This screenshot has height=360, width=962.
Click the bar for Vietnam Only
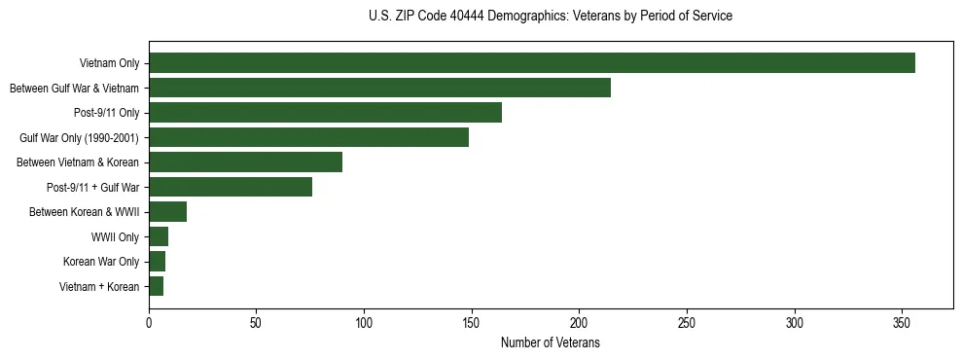(531, 63)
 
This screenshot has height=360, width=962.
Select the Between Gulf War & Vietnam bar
(379, 88)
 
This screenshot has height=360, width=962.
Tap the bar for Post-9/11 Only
(325, 113)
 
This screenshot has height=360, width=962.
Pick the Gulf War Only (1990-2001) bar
(308, 137)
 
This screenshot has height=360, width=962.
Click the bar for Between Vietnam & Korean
(245, 162)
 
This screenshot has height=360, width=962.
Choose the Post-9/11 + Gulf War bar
(231, 187)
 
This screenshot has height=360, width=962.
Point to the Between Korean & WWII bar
(167, 212)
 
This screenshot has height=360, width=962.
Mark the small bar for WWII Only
(159, 236)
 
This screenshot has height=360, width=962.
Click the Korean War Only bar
(157, 262)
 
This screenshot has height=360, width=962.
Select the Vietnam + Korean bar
(156, 286)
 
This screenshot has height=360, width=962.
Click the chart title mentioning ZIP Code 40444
(551, 17)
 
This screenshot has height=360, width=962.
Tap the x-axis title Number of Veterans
(551, 343)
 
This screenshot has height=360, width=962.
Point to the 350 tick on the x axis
(902, 323)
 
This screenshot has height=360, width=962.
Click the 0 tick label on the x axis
(149, 323)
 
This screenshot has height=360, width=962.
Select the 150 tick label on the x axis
(472, 323)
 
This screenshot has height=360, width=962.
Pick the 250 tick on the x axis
(687, 323)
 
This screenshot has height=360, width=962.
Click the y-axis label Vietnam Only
(109, 64)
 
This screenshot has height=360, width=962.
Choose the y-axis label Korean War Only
(101, 262)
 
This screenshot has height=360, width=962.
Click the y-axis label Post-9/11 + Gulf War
(94, 188)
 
